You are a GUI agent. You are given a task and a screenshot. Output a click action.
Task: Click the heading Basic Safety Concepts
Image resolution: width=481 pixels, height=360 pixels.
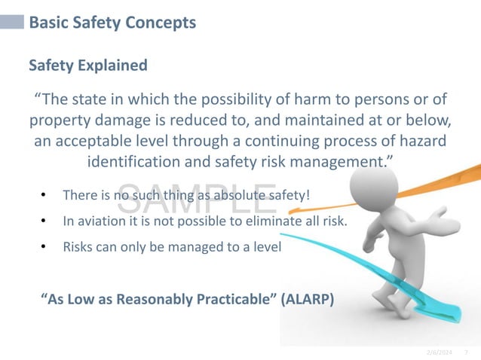pyautogui.click(x=112, y=23)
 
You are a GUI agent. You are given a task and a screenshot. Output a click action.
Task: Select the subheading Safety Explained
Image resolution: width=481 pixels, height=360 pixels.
pyautogui.click(x=87, y=66)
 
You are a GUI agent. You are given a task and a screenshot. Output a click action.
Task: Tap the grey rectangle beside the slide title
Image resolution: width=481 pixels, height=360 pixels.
pyautogui.click(x=12, y=23)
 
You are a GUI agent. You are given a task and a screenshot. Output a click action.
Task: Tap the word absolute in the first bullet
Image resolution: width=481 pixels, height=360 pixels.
pyautogui.click(x=222, y=196)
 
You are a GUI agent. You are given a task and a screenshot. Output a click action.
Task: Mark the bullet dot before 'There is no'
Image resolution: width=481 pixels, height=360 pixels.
pyautogui.click(x=44, y=196)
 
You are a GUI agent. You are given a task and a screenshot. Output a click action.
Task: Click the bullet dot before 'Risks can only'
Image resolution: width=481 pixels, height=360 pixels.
pyautogui.click(x=44, y=246)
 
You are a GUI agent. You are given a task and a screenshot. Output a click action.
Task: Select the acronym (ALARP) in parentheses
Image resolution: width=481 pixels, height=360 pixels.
pyautogui.click(x=307, y=298)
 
